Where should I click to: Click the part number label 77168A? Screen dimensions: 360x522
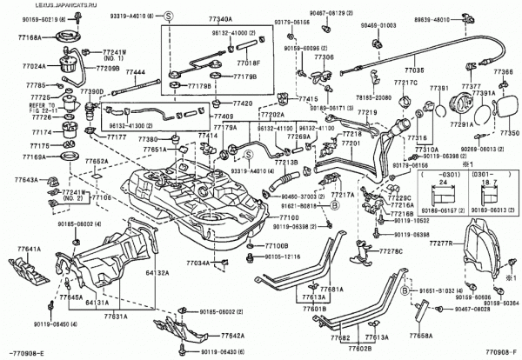click(x=19, y=38)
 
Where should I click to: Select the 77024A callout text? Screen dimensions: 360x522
click(x=19, y=66)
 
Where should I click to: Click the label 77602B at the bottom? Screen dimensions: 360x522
click(x=336, y=350)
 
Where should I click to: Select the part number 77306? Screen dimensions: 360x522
click(x=324, y=56)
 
